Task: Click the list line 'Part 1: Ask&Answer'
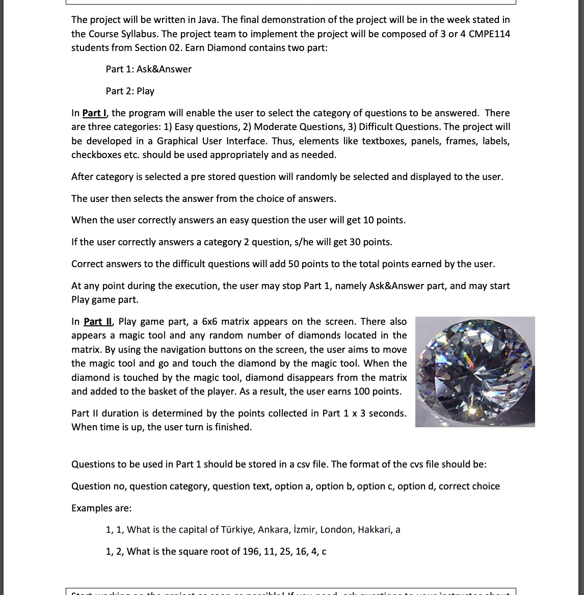pyautogui.click(x=148, y=69)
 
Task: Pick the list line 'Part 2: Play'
pyautogui.click(x=130, y=91)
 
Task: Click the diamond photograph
pyautogui.click(x=475, y=372)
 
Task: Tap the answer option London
pyautogui.click(x=336, y=529)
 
